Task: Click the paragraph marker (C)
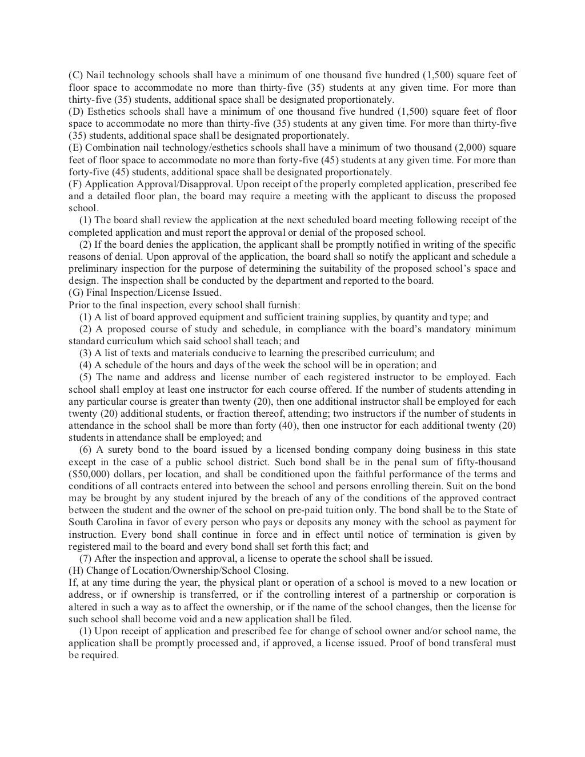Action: [76, 75]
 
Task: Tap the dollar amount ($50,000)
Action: [89, 474]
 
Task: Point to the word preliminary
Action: [93, 268]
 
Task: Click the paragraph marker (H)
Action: [76, 570]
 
